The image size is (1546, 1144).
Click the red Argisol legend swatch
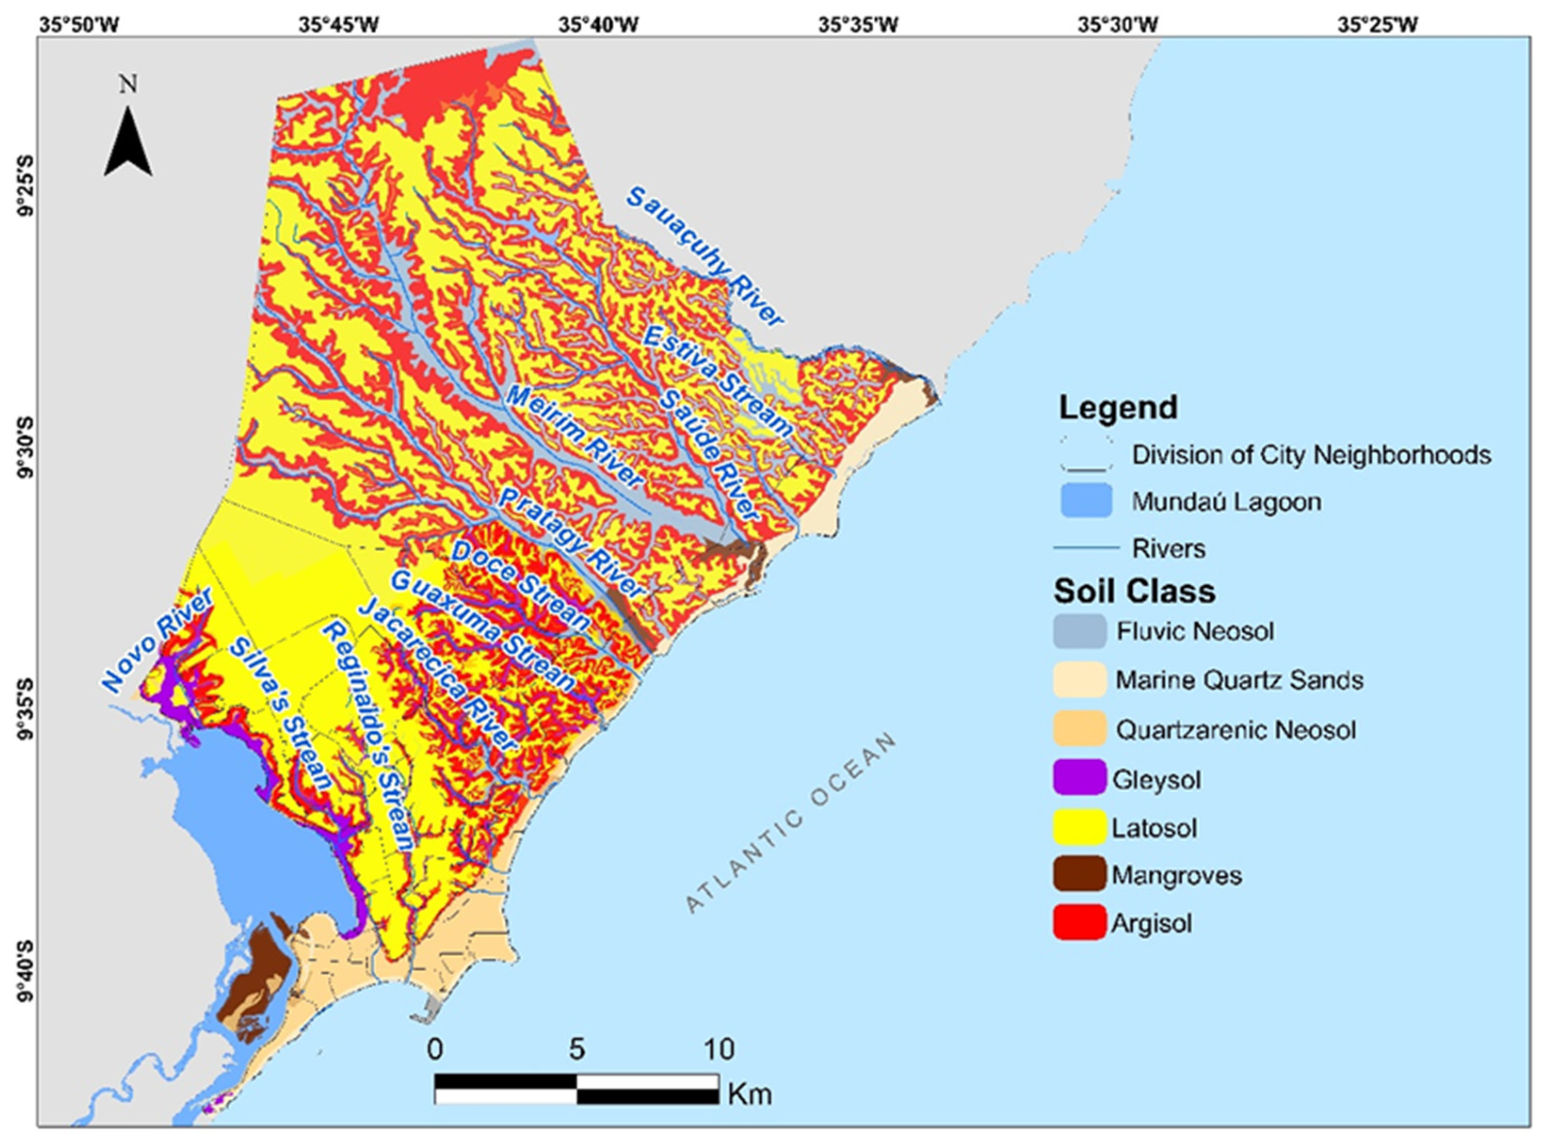1079,922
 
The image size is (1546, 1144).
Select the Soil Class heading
1134,591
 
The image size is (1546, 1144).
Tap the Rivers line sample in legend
1086,548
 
